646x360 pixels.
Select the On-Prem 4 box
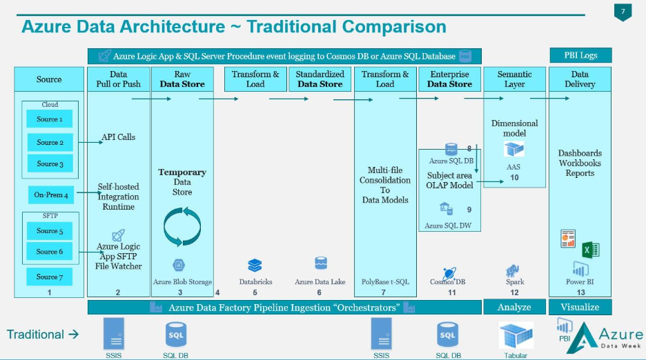(x=51, y=195)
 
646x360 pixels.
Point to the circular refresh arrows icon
(x=182, y=226)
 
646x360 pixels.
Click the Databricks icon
(x=255, y=266)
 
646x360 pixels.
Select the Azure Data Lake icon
(x=320, y=263)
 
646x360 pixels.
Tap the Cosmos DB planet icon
(x=449, y=272)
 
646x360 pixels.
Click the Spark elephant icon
(x=512, y=269)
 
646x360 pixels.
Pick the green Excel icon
(x=591, y=250)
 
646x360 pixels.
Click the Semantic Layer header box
(x=514, y=79)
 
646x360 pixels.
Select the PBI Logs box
(x=580, y=55)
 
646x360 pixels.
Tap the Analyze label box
(x=514, y=307)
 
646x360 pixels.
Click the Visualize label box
(x=580, y=307)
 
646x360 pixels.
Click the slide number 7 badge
(x=623, y=12)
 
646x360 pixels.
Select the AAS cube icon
(x=514, y=150)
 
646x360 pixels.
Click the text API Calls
(x=118, y=137)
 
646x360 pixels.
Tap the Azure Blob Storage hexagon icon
(x=178, y=265)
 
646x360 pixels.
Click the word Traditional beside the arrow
(x=35, y=334)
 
